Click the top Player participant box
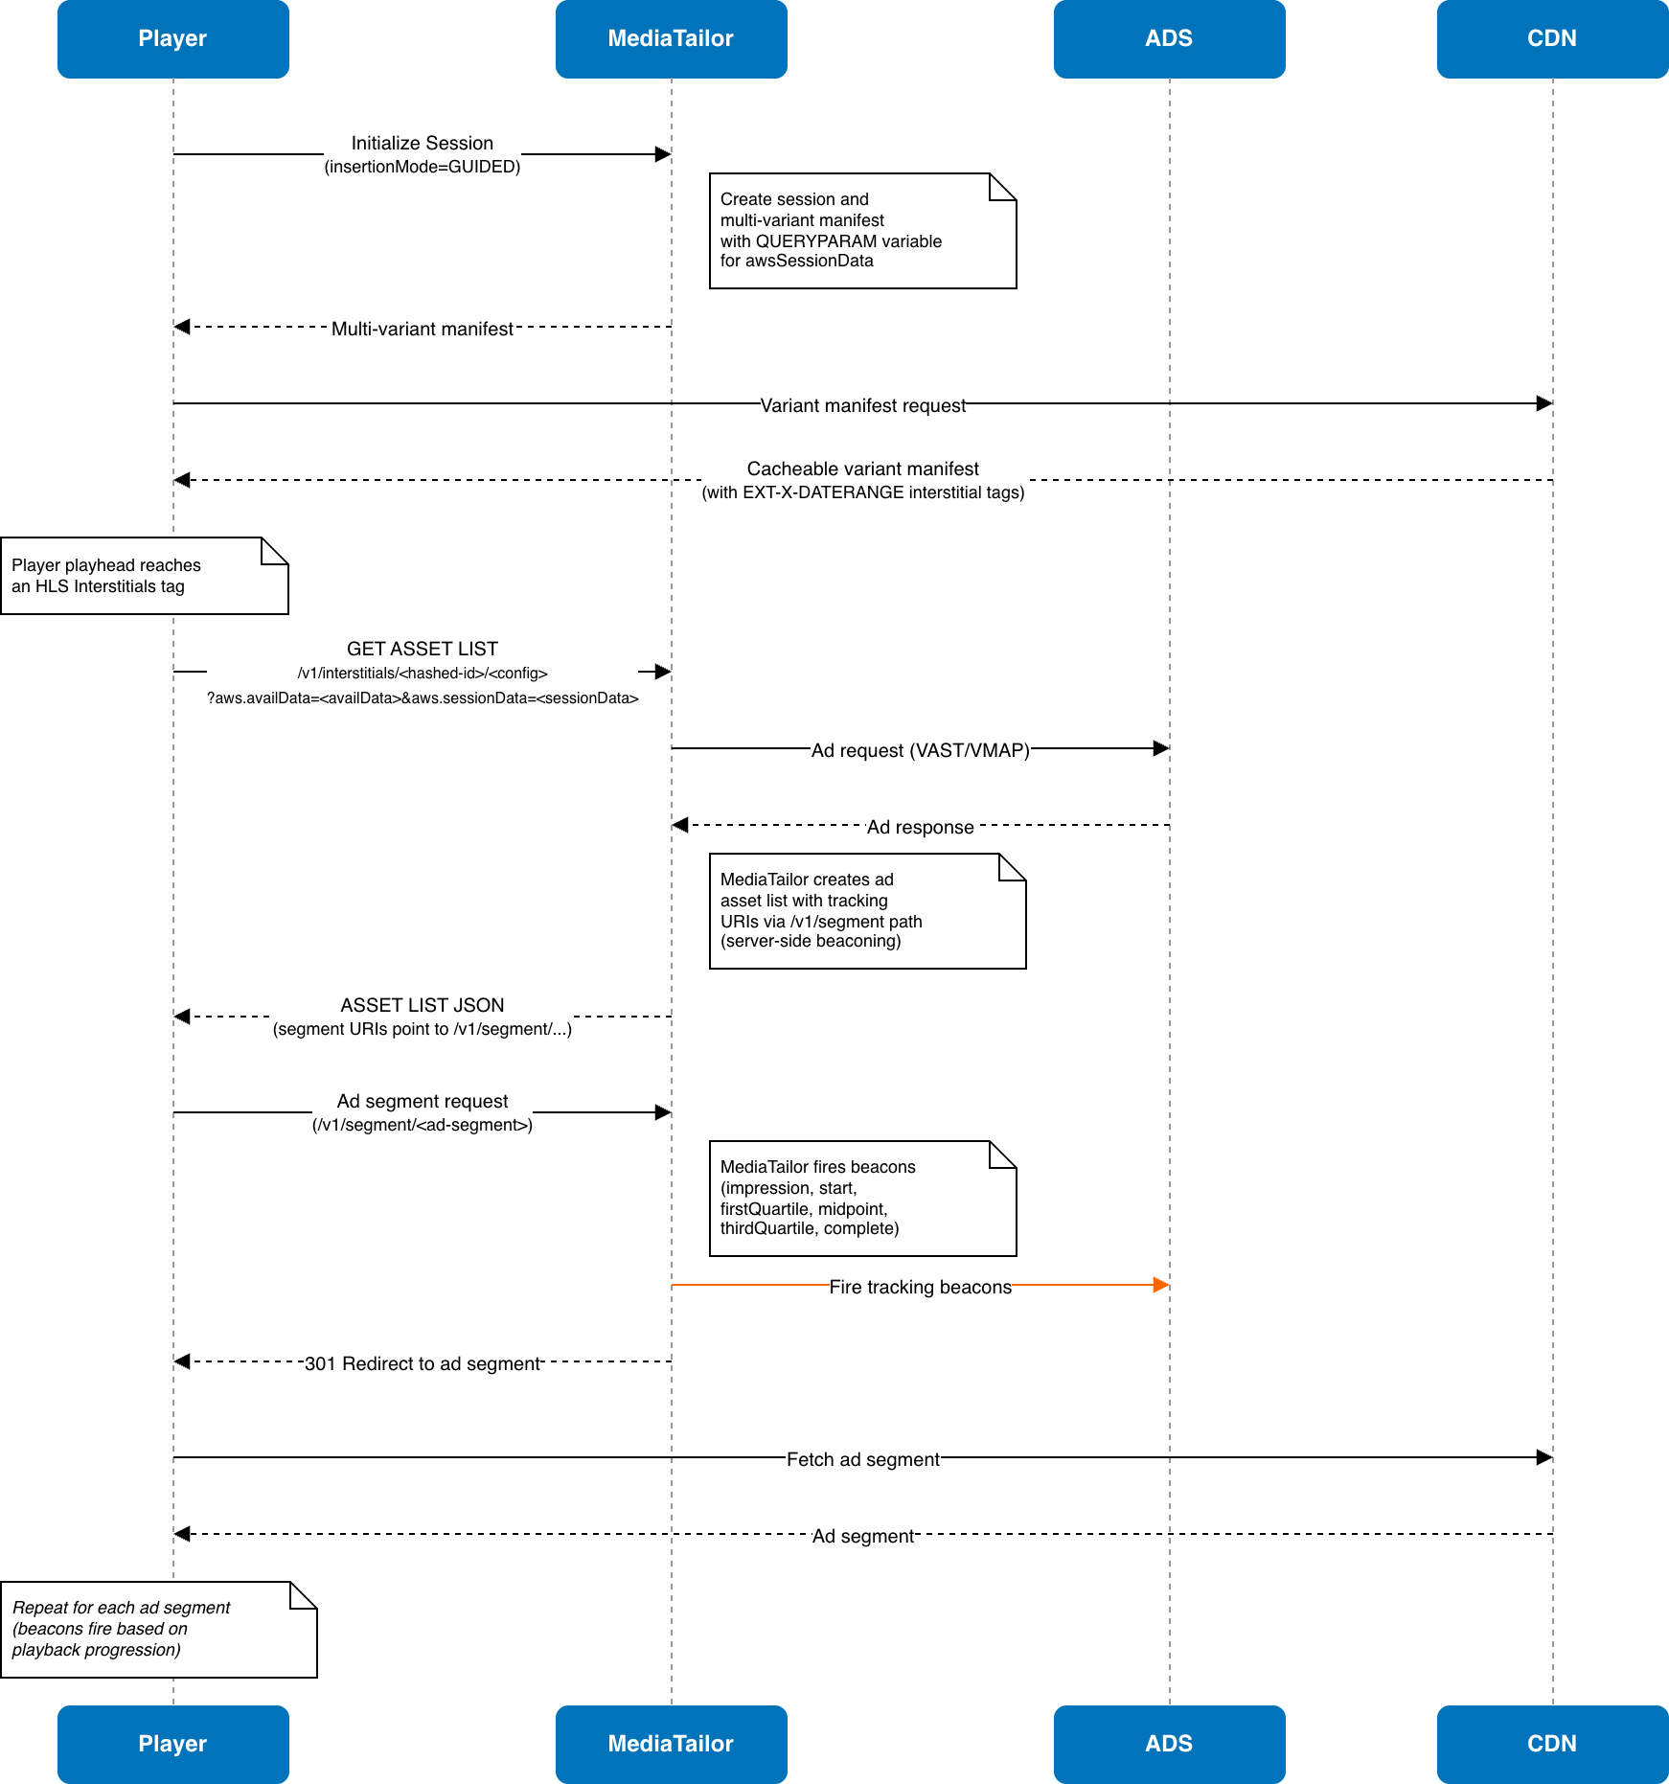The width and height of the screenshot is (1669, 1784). point(172,38)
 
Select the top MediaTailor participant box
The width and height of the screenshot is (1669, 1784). point(671,38)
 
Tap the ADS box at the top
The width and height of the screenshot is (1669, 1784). point(1169,38)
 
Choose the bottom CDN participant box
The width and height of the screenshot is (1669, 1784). point(1552,1744)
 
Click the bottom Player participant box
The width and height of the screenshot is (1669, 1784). point(172,1744)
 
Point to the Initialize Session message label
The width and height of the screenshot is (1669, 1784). point(422,154)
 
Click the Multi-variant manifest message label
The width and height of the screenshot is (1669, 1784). point(422,329)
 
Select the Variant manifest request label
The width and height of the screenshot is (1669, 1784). point(862,405)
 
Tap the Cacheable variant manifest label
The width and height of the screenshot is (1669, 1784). point(862,480)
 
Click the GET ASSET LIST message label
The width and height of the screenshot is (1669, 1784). point(422,672)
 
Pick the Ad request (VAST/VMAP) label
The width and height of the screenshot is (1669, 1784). point(920,750)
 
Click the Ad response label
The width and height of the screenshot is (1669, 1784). point(920,827)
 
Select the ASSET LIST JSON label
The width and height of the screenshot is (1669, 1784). point(422,1017)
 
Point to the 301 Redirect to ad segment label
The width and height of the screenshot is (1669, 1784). point(422,1363)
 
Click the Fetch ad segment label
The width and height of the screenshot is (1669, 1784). point(862,1459)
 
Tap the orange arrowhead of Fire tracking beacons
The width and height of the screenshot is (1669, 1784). point(1160,1285)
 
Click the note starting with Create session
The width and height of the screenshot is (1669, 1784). point(862,231)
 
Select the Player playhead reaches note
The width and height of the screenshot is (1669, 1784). point(144,576)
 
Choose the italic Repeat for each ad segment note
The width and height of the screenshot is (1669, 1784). point(158,1630)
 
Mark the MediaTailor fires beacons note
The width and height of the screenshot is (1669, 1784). point(862,1199)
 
